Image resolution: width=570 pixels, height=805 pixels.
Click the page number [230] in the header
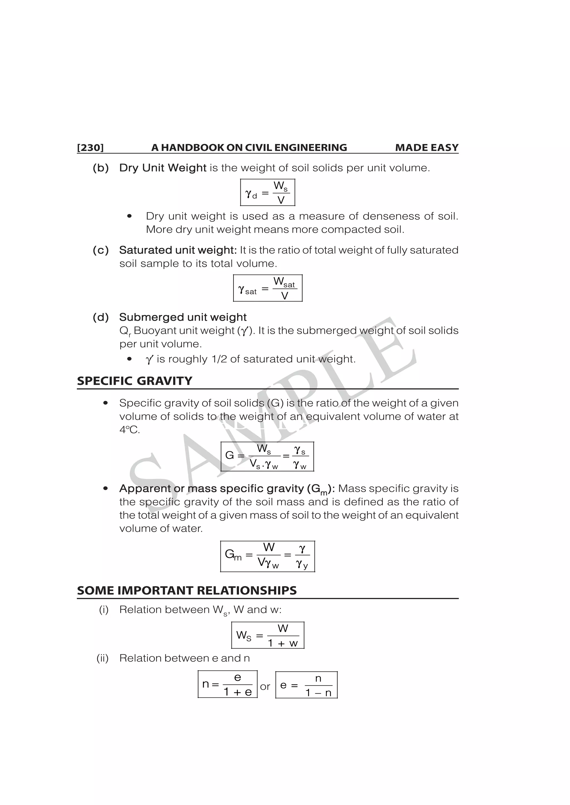coord(90,148)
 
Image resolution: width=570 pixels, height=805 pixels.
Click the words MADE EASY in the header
coord(426,148)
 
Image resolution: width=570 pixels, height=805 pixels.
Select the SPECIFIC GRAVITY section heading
coord(134,381)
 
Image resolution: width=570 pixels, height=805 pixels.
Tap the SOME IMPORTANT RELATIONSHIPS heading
coord(187,590)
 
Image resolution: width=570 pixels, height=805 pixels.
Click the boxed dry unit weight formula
coord(267,192)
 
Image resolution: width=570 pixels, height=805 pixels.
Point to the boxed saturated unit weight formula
coord(267,288)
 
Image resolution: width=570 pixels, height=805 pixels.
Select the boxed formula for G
coord(267,456)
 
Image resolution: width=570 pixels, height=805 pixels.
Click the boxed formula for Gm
coord(267,556)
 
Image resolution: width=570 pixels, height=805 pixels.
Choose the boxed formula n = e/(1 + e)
coord(227,684)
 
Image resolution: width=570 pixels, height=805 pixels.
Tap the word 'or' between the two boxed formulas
coord(265,687)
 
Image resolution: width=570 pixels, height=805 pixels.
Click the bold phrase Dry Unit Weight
coord(163,168)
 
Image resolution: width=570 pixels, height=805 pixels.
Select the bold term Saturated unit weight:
coord(178,250)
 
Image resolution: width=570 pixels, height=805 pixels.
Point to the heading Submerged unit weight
coord(183,317)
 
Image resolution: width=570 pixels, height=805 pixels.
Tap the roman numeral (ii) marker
coord(102,658)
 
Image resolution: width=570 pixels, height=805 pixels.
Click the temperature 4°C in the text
coord(129,430)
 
